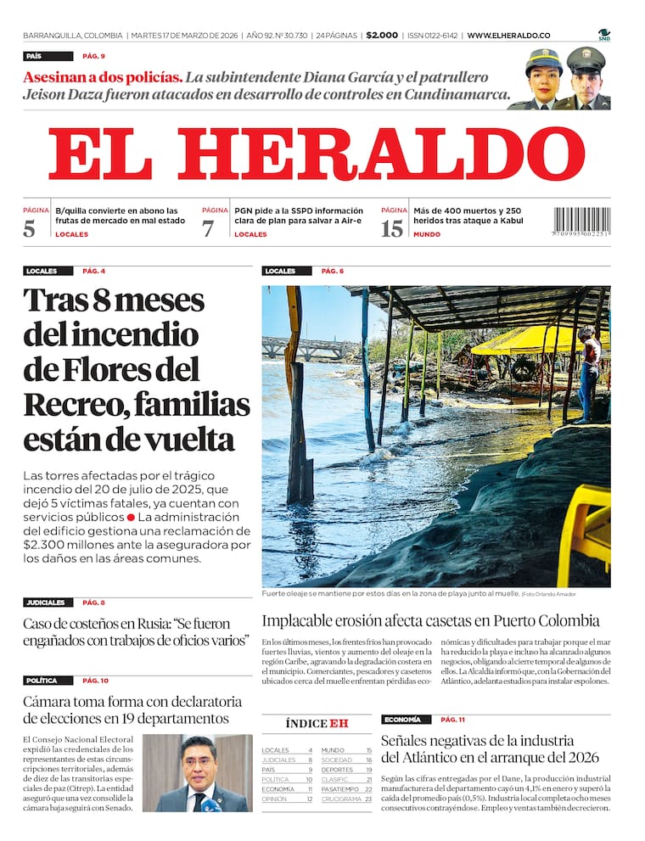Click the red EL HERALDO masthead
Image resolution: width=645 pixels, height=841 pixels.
(316, 154)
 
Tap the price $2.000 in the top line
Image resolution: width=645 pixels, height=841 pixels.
(382, 36)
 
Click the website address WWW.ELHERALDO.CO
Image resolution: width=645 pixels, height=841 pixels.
(508, 36)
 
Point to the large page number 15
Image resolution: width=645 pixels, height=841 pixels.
(392, 228)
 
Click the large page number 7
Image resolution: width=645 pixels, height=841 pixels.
(208, 228)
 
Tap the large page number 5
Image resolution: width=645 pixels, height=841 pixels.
(30, 228)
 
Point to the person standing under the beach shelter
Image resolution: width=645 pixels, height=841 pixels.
(589, 373)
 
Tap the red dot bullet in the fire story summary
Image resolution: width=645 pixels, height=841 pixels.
(131, 517)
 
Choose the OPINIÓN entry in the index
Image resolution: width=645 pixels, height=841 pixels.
(275, 799)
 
